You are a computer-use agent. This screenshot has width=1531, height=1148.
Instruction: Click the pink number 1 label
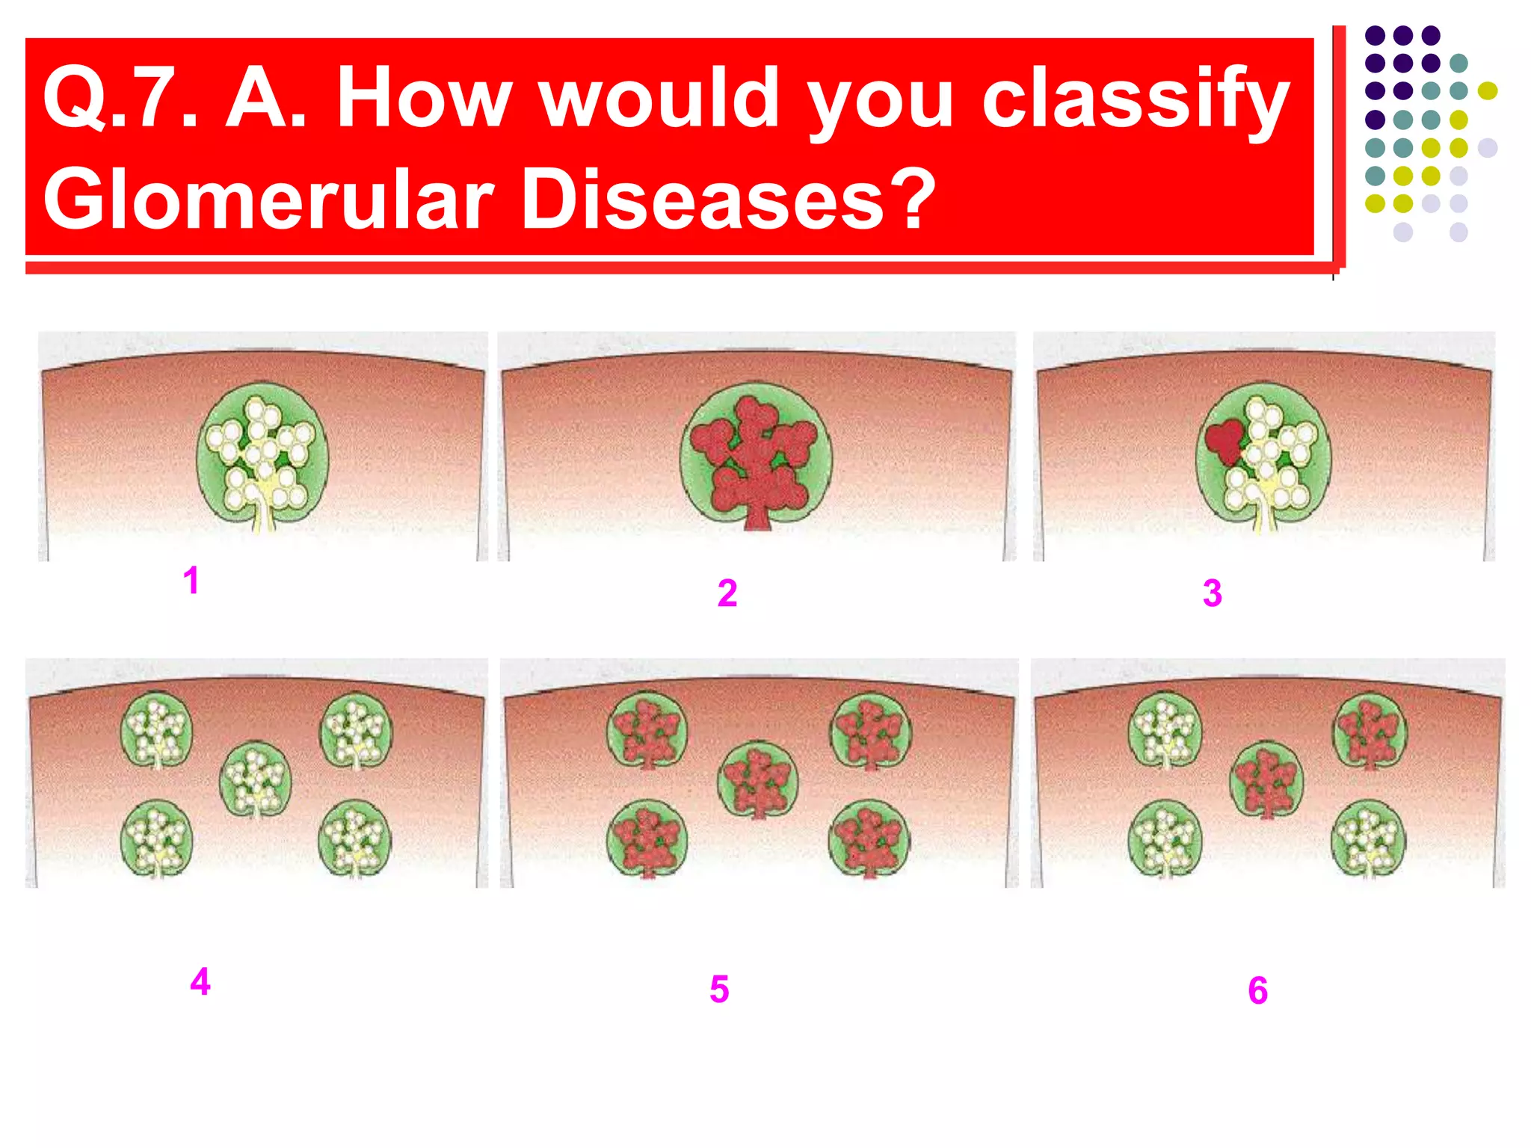pyautogui.click(x=191, y=581)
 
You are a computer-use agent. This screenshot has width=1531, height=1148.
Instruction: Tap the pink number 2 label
pyautogui.click(x=727, y=593)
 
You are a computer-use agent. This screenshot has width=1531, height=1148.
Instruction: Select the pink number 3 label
pyautogui.click(x=1213, y=593)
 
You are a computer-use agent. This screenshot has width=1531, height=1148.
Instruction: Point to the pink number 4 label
pyautogui.click(x=200, y=981)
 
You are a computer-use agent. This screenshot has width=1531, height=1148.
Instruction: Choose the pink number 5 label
pyautogui.click(x=719, y=990)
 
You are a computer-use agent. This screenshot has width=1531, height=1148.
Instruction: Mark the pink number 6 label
pyautogui.click(x=1258, y=991)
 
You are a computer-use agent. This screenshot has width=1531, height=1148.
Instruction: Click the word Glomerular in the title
pyautogui.click(x=269, y=199)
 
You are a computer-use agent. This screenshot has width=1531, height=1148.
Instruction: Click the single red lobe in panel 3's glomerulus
pyautogui.click(x=1223, y=442)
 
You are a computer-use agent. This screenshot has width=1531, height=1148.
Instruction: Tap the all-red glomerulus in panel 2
pyautogui.click(x=756, y=456)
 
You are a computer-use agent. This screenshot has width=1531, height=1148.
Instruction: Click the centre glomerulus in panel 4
pyautogui.click(x=256, y=778)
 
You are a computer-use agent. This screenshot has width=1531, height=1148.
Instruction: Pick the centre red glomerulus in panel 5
pyautogui.click(x=758, y=780)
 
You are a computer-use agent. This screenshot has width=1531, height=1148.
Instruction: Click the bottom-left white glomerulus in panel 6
pyautogui.click(x=1165, y=837)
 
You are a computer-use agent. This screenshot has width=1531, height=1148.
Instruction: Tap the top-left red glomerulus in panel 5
pyautogui.click(x=647, y=729)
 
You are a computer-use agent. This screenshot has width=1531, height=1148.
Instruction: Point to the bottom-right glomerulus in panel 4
pyautogui.click(x=354, y=837)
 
